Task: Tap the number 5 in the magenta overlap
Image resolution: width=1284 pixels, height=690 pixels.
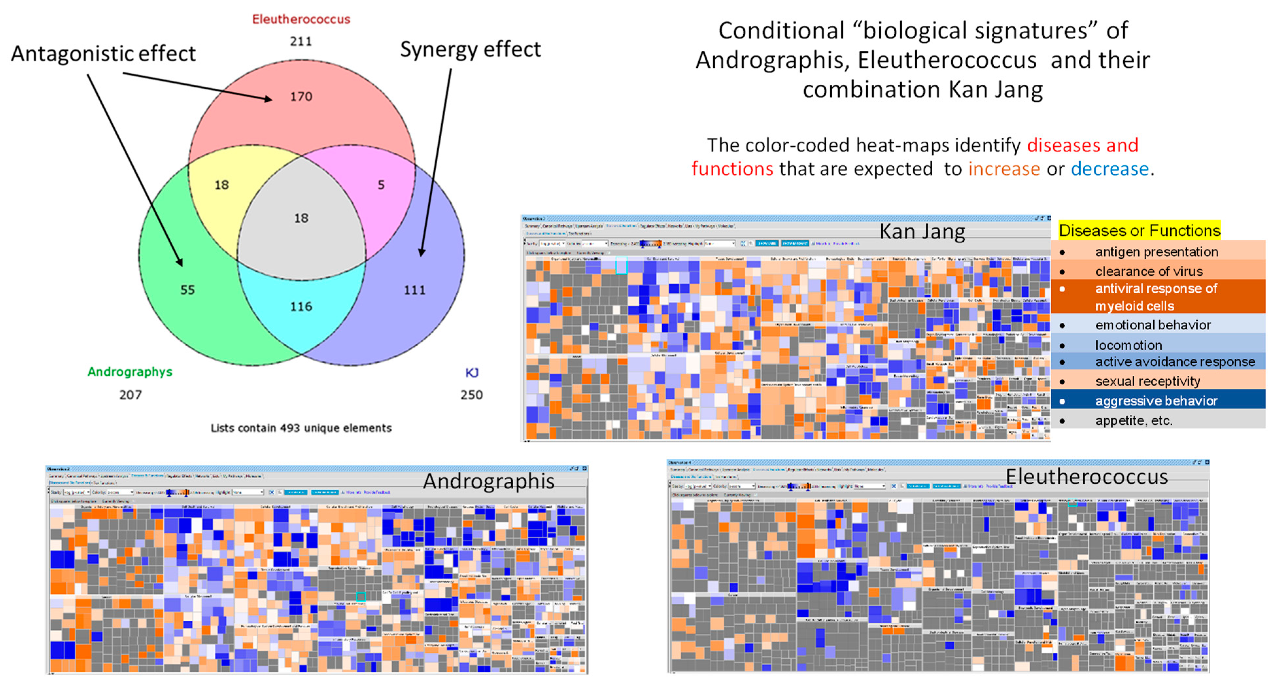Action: [381, 185]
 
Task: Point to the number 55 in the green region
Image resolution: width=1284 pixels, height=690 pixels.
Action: [187, 290]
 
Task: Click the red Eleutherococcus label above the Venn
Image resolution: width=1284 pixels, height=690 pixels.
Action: [301, 19]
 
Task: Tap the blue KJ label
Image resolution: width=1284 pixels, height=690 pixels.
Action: [472, 372]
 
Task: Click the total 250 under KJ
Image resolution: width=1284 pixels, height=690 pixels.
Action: [472, 395]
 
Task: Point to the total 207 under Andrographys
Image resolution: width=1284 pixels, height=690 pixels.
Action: [130, 395]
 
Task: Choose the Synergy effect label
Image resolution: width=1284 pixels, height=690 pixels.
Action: [470, 49]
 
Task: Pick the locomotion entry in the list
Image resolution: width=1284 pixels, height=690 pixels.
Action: [1128, 345]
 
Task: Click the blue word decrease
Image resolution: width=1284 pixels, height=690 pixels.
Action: [1109, 169]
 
